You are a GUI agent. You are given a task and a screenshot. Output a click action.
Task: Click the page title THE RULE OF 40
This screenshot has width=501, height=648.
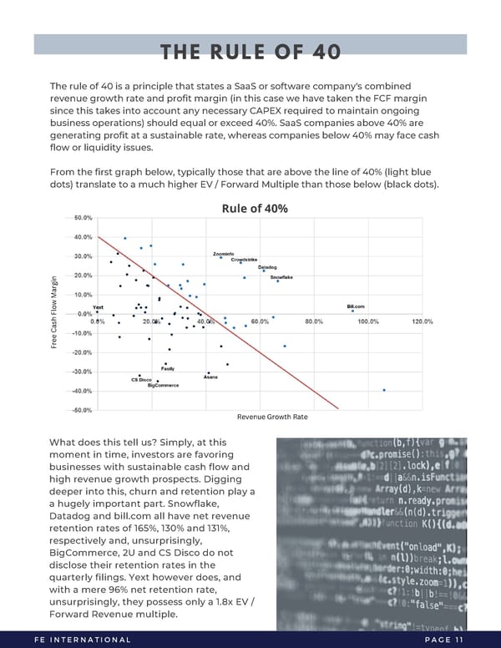(x=250, y=52)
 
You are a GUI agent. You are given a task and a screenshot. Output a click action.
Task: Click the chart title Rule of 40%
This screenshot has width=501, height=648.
(x=255, y=208)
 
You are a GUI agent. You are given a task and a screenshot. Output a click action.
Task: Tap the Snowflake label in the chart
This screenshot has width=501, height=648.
(x=286, y=277)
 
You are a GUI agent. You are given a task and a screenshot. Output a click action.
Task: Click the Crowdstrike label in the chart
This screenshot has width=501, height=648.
(x=245, y=260)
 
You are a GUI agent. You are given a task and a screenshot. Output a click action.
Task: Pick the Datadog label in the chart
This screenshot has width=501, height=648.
(x=267, y=267)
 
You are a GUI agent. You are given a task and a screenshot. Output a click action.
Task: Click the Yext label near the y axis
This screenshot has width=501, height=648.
(x=98, y=306)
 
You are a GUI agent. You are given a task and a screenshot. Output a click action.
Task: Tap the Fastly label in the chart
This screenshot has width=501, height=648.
(x=167, y=368)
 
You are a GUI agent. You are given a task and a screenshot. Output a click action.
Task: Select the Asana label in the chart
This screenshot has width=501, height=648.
(x=210, y=377)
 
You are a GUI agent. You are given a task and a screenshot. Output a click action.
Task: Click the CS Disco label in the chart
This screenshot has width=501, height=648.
(x=140, y=381)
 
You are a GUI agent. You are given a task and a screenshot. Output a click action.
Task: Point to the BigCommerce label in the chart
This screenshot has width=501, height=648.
(x=163, y=386)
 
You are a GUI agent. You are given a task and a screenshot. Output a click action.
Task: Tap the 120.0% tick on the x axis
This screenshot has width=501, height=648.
(x=423, y=321)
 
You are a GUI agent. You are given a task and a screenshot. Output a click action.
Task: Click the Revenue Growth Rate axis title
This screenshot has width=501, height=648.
(x=272, y=417)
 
